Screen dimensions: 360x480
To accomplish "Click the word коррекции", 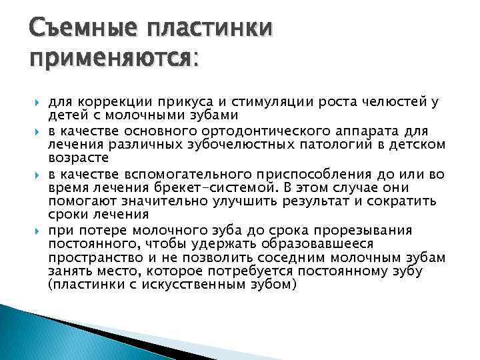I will click(107, 102).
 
